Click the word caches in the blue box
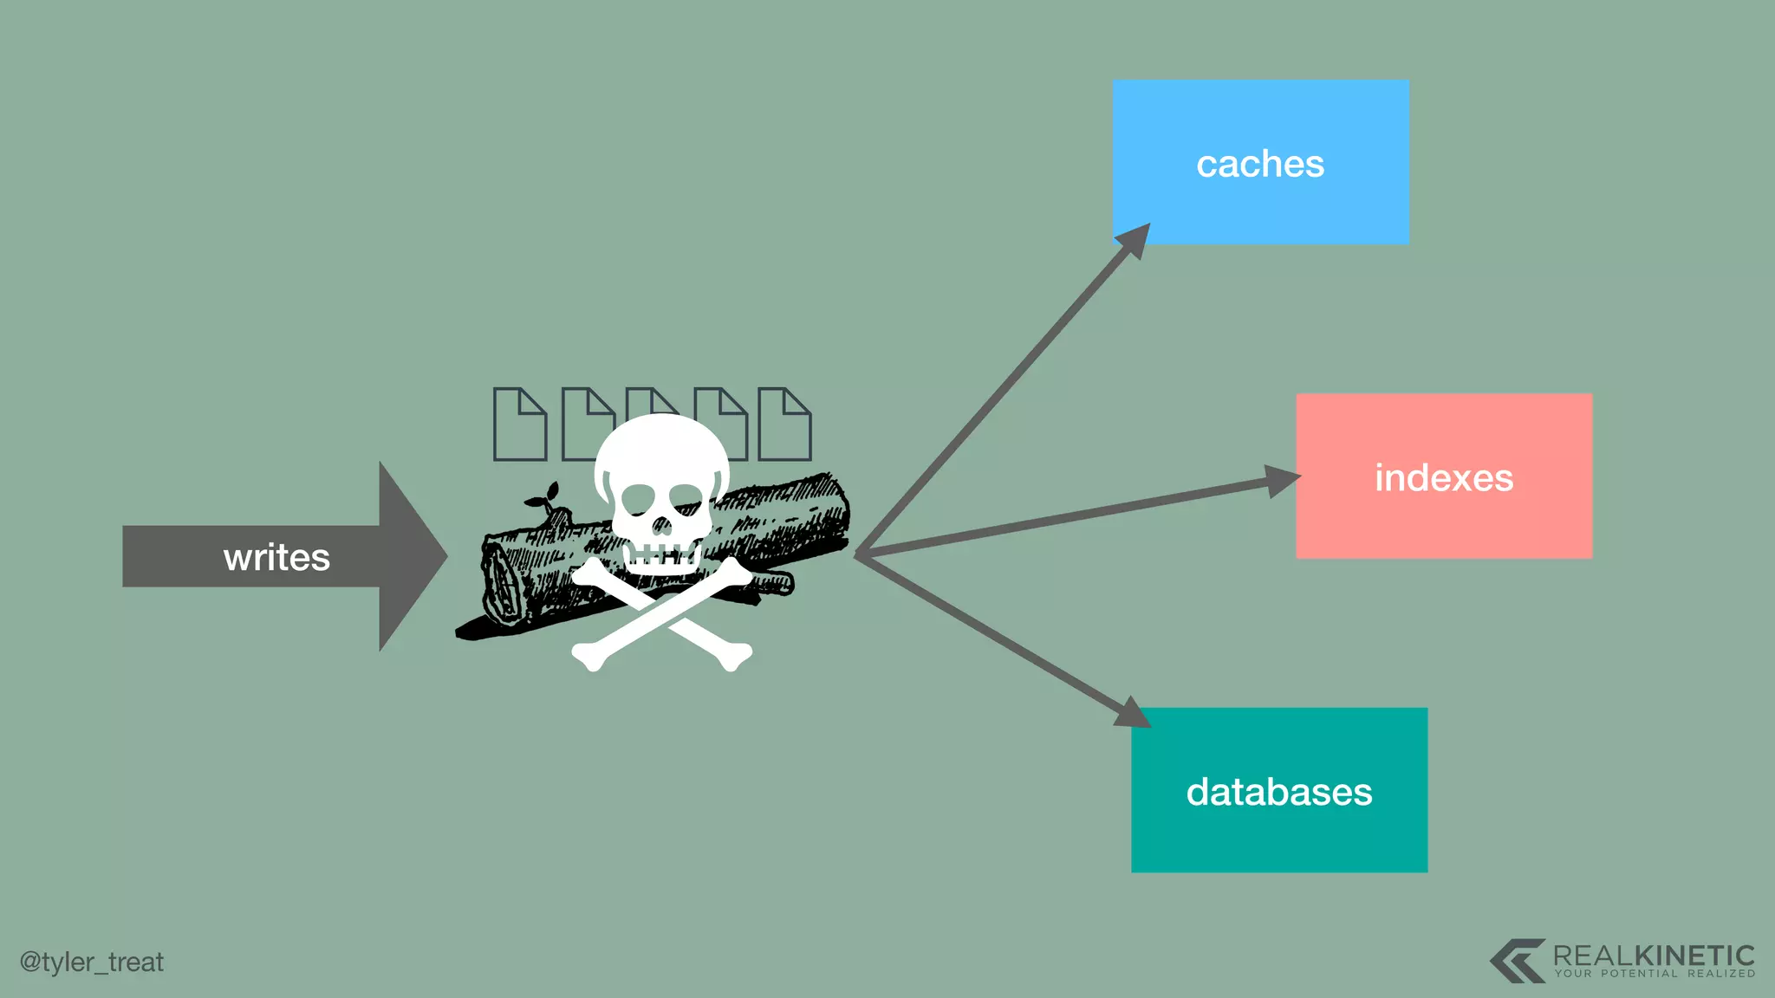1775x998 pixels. tap(1260, 164)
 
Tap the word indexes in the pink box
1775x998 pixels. tap(1444, 477)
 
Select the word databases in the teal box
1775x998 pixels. tap(1279, 792)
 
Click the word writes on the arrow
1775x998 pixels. tap(276, 557)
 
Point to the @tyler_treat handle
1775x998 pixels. tap(92, 962)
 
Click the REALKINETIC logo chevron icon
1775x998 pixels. tap(1517, 960)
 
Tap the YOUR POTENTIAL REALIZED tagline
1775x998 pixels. tap(1655, 974)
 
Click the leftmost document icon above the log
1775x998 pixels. tap(520, 424)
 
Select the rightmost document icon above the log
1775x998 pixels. tap(784, 424)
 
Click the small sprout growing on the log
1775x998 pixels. tap(543, 498)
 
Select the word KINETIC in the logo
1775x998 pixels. tap(1694, 956)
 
